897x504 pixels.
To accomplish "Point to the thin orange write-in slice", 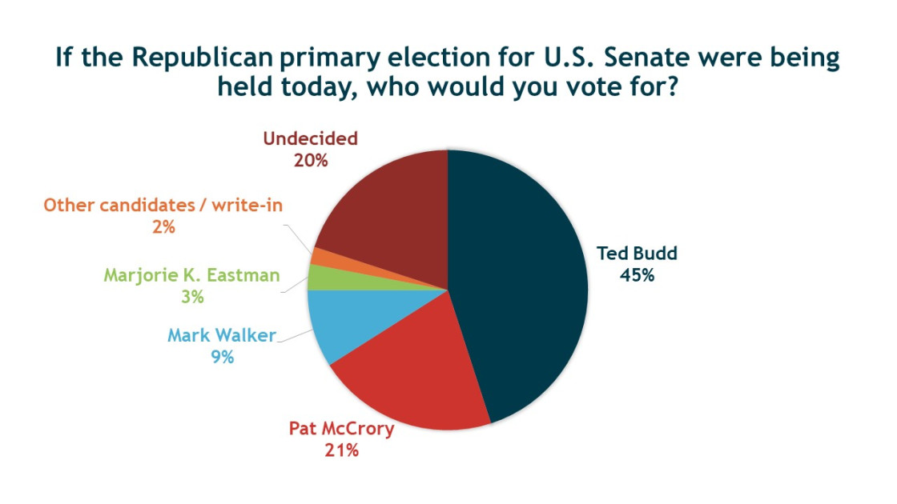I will [x=320, y=257].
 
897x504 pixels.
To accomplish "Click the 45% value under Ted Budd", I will [x=637, y=275].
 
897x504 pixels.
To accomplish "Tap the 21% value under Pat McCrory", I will [x=341, y=450].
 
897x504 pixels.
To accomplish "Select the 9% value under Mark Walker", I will [x=222, y=357].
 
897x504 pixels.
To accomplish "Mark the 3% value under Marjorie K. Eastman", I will [x=192, y=297].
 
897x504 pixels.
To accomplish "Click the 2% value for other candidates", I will [x=163, y=227].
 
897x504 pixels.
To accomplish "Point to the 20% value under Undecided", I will [x=310, y=160].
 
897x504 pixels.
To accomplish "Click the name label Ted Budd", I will [x=637, y=254].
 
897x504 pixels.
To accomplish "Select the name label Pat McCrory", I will [x=341, y=429].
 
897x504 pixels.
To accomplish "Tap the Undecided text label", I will [x=310, y=138].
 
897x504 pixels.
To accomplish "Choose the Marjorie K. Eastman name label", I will [x=192, y=276].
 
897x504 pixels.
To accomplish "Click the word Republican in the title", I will [x=207, y=58].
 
